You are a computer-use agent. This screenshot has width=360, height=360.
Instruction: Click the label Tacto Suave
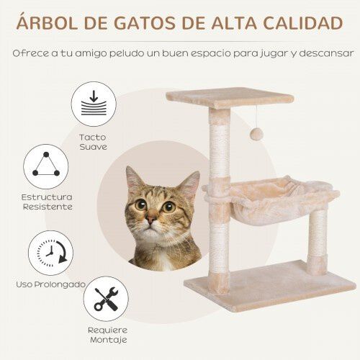(93, 141)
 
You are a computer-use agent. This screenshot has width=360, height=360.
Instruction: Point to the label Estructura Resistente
(46, 202)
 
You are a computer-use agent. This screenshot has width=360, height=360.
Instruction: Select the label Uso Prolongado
(50, 284)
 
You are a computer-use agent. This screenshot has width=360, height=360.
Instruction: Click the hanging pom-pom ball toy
(257, 134)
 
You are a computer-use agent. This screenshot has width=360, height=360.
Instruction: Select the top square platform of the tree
(220, 98)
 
